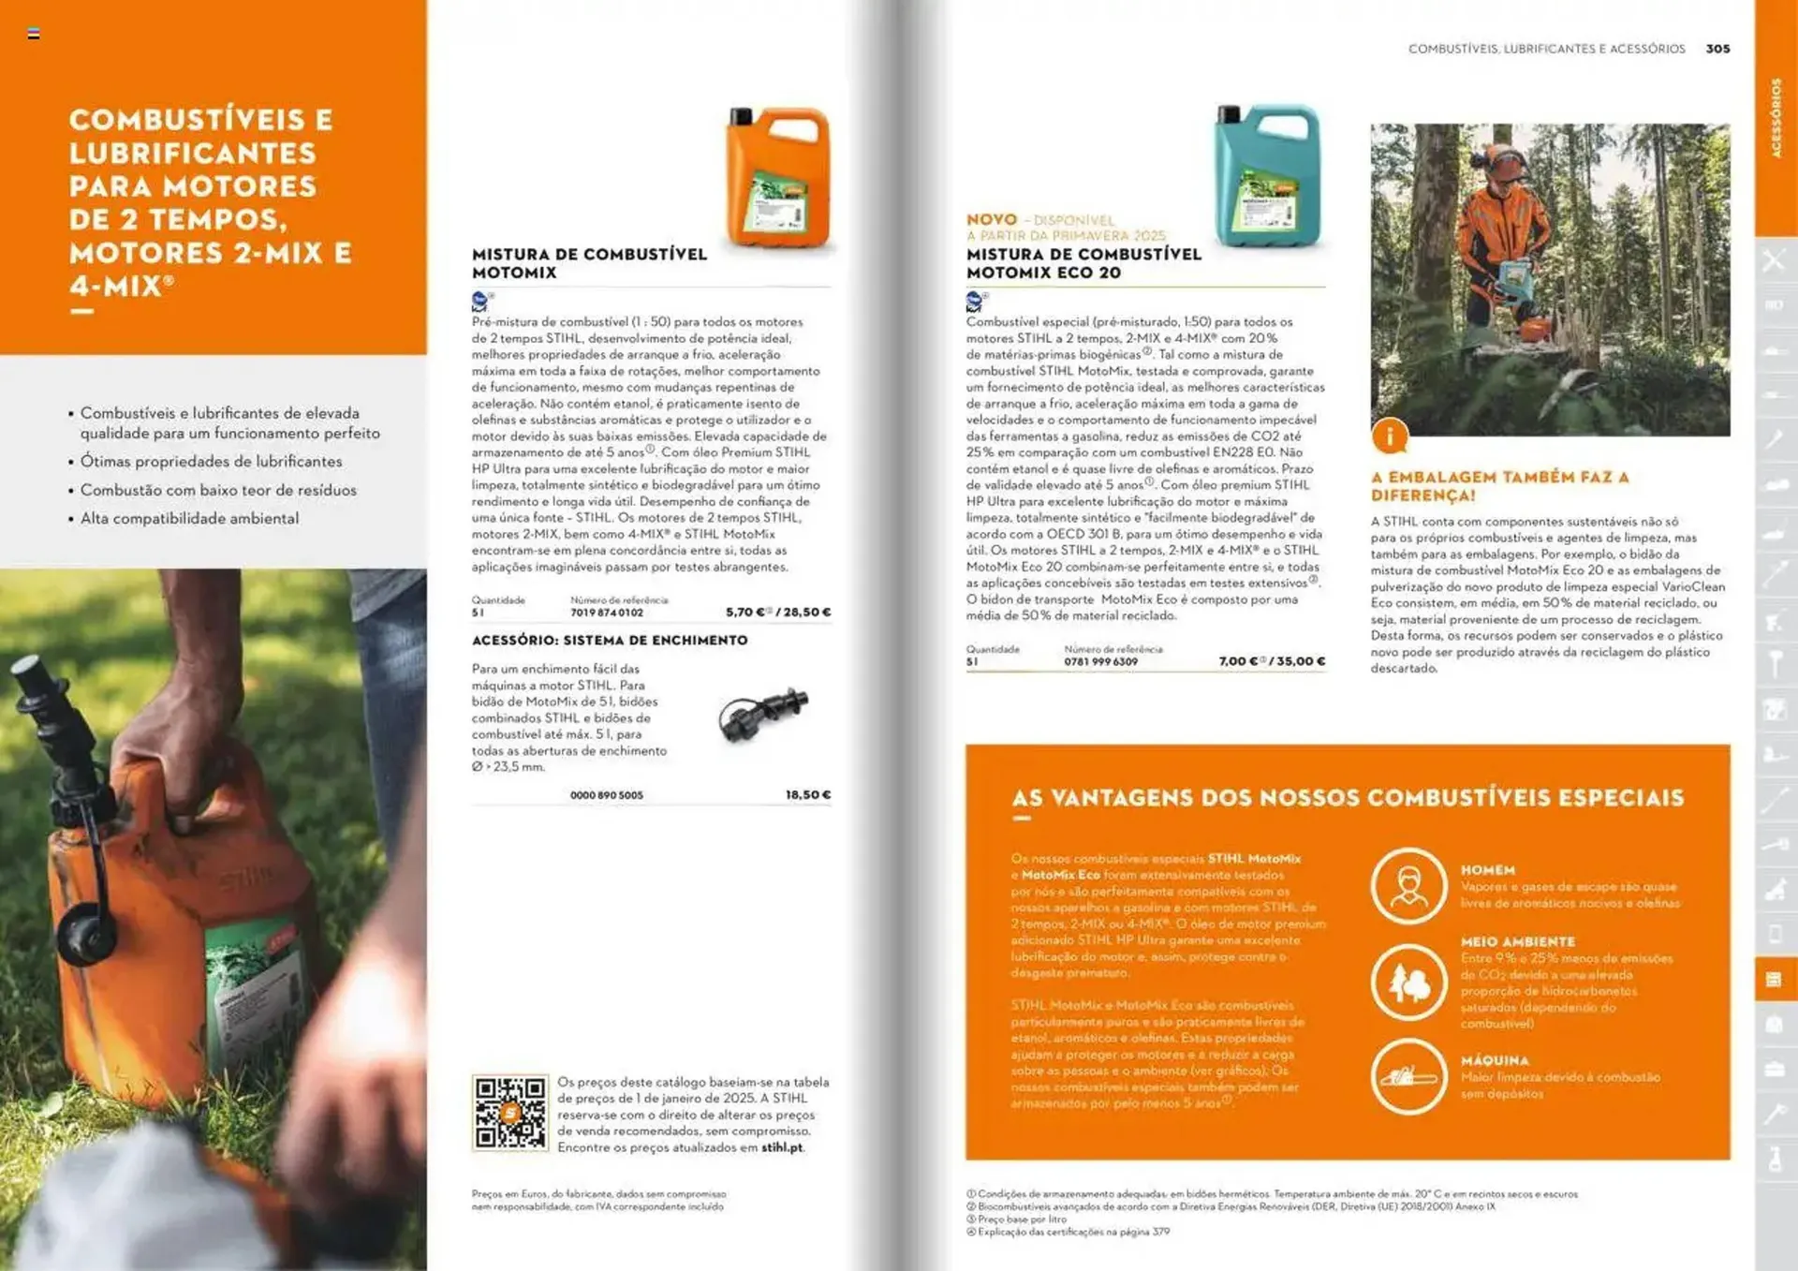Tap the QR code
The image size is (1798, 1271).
(x=509, y=1113)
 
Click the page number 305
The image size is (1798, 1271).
(x=1717, y=49)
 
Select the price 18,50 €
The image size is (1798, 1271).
(x=807, y=795)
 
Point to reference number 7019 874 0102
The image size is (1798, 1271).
(x=607, y=613)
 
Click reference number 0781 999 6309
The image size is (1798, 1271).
(x=1100, y=661)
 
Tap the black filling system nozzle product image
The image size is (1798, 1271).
(x=762, y=714)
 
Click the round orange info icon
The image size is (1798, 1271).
(x=1390, y=436)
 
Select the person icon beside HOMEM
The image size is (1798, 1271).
(x=1408, y=885)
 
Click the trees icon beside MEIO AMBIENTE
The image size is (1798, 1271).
(x=1408, y=983)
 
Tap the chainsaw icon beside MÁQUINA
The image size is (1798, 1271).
(x=1408, y=1076)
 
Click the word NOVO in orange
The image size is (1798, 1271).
(x=991, y=219)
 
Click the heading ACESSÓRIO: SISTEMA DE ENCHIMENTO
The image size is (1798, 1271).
(x=610, y=641)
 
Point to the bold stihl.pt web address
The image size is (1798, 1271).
(x=782, y=1147)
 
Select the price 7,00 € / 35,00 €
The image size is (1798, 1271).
(x=1272, y=661)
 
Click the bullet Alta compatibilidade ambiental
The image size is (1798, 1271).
(x=189, y=519)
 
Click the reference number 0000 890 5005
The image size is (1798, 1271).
(x=607, y=795)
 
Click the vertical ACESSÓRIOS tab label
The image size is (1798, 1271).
(x=1776, y=118)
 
